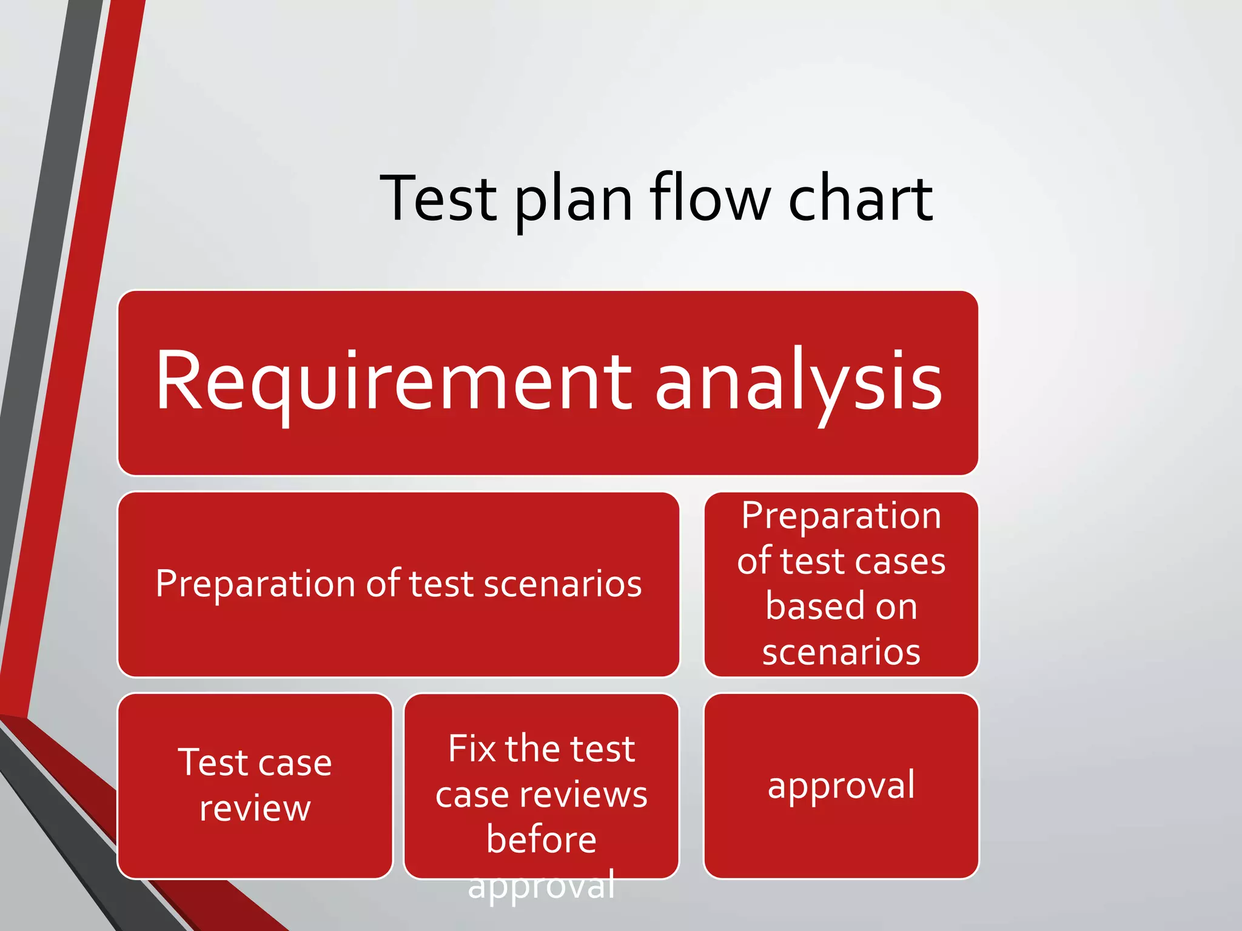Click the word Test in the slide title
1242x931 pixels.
click(x=438, y=199)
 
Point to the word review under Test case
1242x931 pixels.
click(x=255, y=809)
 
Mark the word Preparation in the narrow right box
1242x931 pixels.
click(x=841, y=516)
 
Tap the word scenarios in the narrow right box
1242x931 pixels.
click(x=841, y=652)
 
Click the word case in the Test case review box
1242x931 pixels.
click(x=296, y=762)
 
